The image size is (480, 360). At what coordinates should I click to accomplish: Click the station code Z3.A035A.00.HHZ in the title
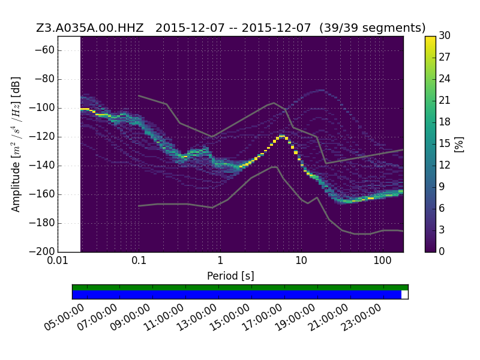click(x=89, y=28)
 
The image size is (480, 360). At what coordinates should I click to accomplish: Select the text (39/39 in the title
click(x=340, y=28)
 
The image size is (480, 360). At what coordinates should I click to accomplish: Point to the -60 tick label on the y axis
click(x=44, y=50)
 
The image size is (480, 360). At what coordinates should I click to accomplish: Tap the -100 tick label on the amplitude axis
click(x=42, y=108)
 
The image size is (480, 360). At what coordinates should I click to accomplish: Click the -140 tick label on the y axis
click(x=42, y=166)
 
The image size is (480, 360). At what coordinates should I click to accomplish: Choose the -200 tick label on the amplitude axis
click(x=42, y=251)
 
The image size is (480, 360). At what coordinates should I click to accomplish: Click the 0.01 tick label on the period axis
click(x=58, y=261)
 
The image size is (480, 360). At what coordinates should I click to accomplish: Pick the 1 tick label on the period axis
click(x=220, y=261)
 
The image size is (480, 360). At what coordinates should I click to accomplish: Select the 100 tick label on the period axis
click(x=382, y=261)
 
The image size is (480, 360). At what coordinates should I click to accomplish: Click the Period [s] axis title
click(x=230, y=276)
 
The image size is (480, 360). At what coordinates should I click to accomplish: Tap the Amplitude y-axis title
click(x=16, y=144)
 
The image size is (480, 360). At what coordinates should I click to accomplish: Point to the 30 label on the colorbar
click(x=445, y=36)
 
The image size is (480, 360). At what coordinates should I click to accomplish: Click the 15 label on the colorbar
click(x=445, y=143)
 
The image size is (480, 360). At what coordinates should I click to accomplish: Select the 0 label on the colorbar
click(x=442, y=251)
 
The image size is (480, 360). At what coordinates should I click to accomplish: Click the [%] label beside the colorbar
click(x=459, y=144)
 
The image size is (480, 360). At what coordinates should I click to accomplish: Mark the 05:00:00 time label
click(x=64, y=317)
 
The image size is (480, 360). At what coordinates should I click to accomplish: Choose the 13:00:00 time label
click(x=197, y=317)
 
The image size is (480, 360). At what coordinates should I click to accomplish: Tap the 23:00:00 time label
click(x=361, y=317)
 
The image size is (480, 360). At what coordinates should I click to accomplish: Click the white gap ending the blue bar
click(x=404, y=295)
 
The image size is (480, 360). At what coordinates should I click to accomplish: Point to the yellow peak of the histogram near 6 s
click(x=281, y=136)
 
